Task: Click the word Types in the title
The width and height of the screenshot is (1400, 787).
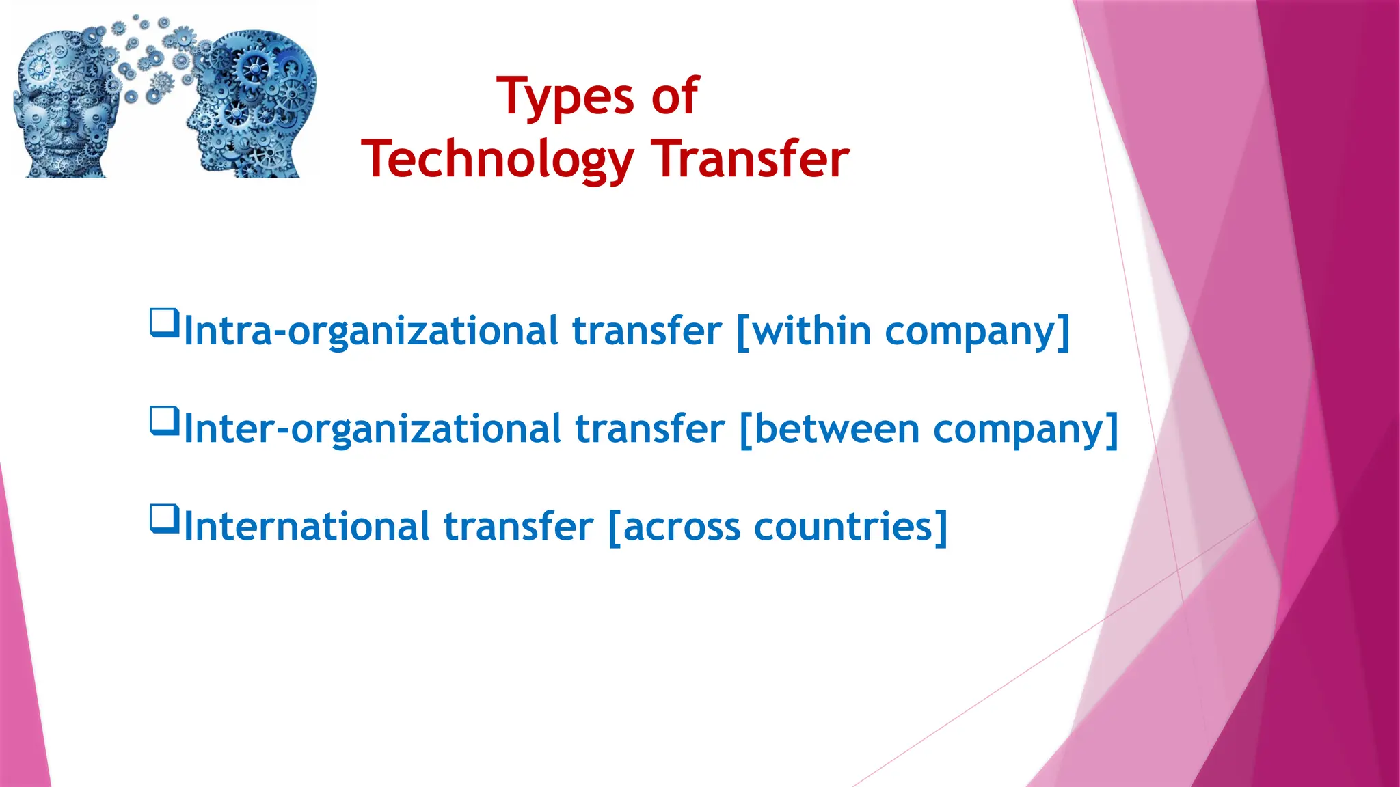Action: pos(565,98)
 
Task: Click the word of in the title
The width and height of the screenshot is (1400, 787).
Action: pos(675,96)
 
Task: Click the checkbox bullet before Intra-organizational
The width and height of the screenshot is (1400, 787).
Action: pos(164,322)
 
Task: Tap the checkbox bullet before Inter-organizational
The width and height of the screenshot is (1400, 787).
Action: pos(164,420)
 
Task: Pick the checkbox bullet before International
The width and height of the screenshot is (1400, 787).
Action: pos(164,518)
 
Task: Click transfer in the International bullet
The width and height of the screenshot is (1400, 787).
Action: pos(518,527)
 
